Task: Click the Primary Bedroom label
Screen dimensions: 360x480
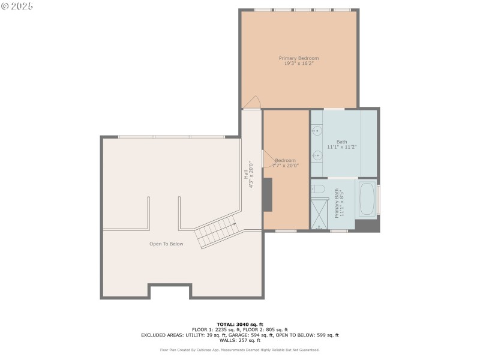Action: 299,58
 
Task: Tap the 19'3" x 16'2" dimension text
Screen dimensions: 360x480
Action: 299,64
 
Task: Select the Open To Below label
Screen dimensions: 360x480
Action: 166,244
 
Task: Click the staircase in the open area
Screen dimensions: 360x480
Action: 218,233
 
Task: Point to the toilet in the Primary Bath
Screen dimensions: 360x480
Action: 319,189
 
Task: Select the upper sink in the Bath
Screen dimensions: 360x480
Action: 317,130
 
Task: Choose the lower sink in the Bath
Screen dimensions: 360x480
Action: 317,155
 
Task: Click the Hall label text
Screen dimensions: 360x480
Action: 246,175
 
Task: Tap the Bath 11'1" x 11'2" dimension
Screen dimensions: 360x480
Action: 342,147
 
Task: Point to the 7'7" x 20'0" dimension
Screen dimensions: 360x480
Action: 286,165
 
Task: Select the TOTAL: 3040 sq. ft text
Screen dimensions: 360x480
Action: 239,325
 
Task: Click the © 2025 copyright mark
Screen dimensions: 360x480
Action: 17,6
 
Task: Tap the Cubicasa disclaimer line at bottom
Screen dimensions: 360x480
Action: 239,350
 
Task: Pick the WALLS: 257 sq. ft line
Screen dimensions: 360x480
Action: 239,340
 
